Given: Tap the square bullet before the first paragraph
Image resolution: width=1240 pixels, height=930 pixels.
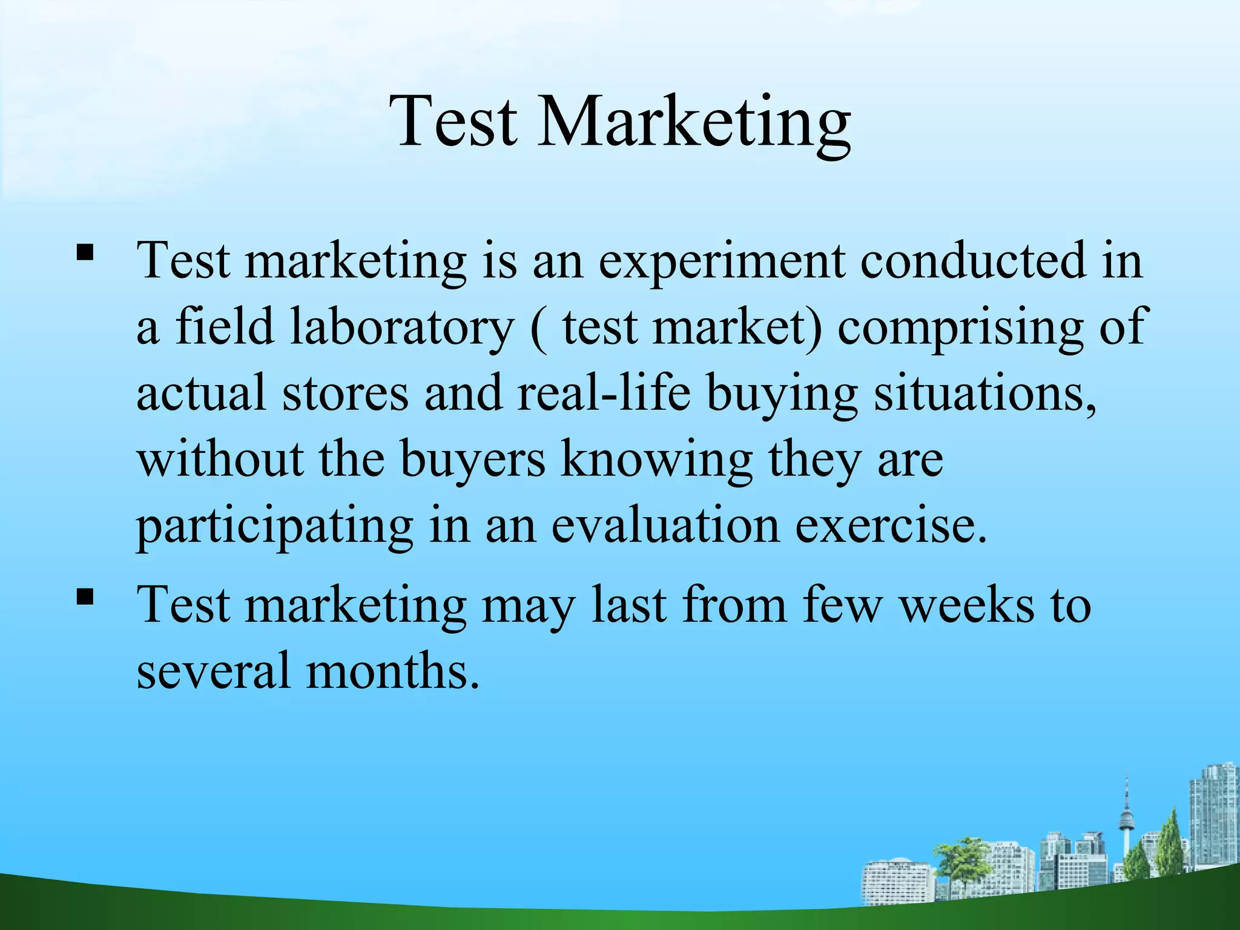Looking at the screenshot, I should [85, 252].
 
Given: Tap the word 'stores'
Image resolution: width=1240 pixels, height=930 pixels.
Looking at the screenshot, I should [345, 394].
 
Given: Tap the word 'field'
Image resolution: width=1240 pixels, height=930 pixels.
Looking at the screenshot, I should [225, 327].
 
